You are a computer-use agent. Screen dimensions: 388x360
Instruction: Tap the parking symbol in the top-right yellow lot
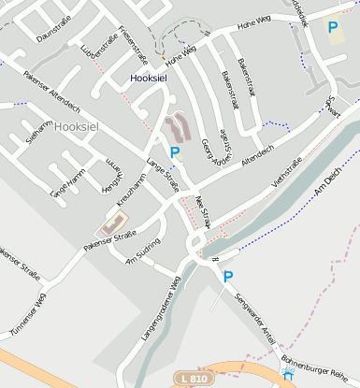click(332, 28)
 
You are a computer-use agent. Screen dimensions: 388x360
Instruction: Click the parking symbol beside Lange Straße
click(173, 151)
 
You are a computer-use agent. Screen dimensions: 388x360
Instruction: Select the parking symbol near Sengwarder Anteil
click(227, 276)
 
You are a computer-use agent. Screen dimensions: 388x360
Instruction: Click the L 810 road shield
click(194, 378)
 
